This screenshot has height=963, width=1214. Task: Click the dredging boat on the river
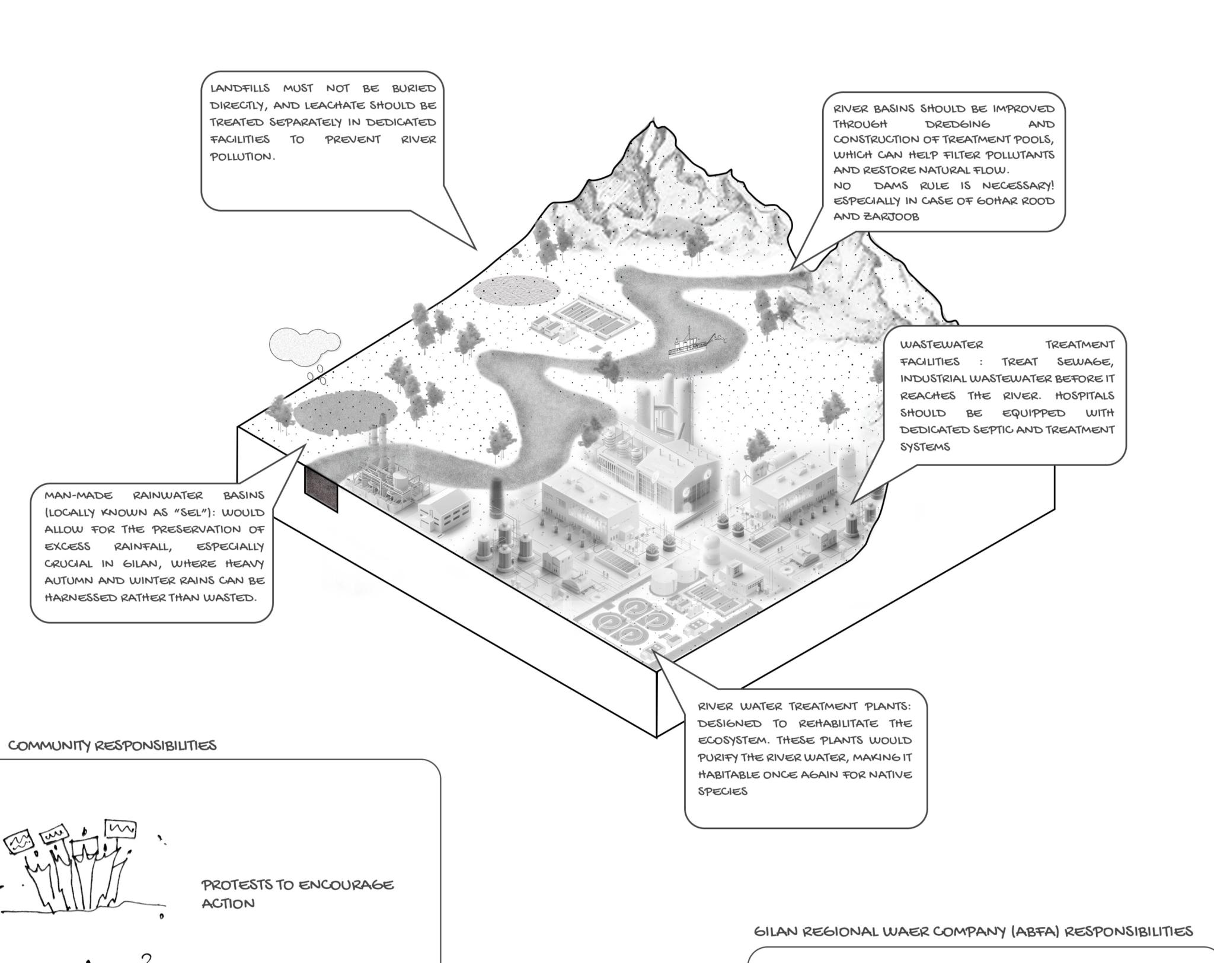[x=694, y=343]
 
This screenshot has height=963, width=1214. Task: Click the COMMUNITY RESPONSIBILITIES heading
[x=113, y=745]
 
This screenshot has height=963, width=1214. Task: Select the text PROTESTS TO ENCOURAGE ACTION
[x=298, y=894]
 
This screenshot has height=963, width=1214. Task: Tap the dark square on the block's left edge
[x=321, y=489]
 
